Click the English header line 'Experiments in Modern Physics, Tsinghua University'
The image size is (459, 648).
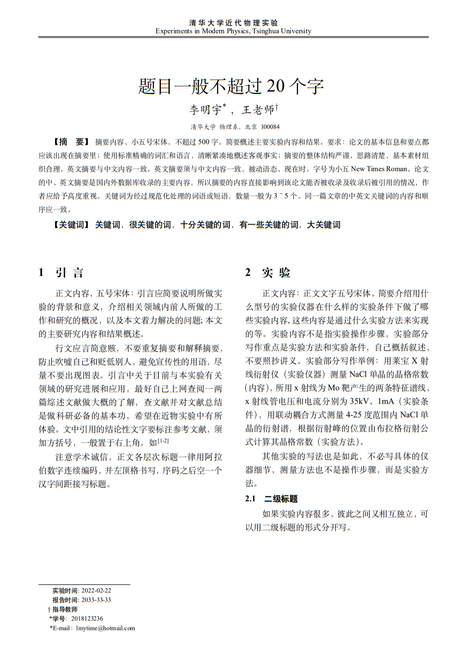click(233, 31)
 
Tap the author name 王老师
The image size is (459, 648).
click(257, 110)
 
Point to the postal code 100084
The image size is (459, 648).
click(270, 127)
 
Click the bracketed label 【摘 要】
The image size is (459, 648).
click(71, 142)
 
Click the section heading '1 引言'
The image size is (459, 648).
click(60, 273)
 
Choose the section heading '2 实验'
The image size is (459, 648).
click(268, 273)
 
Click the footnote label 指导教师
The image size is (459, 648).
click(65, 609)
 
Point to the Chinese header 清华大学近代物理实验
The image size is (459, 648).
click(233, 23)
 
